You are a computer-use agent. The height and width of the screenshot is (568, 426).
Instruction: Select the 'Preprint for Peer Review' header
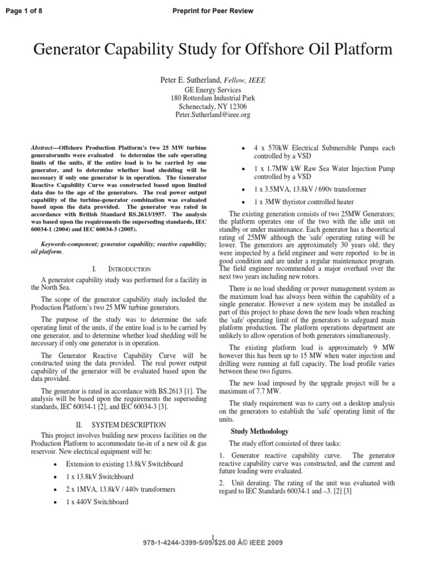click(x=212, y=11)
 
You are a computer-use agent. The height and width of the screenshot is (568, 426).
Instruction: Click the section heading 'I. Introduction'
click(x=120, y=268)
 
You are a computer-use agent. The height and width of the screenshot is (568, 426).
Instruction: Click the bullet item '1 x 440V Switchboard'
click(x=97, y=501)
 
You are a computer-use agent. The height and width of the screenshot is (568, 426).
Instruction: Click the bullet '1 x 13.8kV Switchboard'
click(x=100, y=476)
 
